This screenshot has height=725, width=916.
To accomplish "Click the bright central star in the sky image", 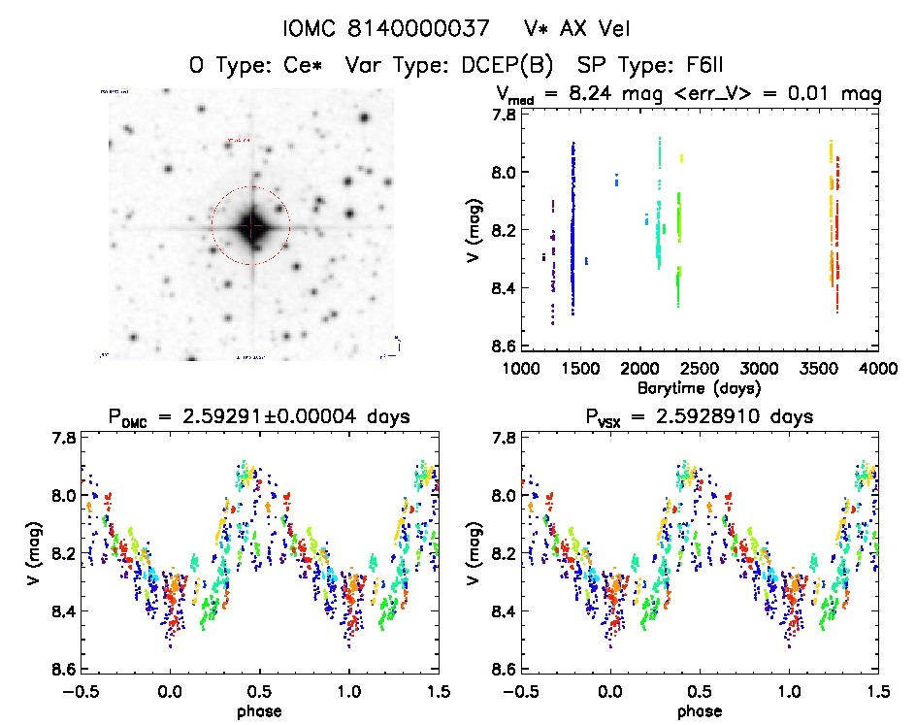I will pos(250,226).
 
